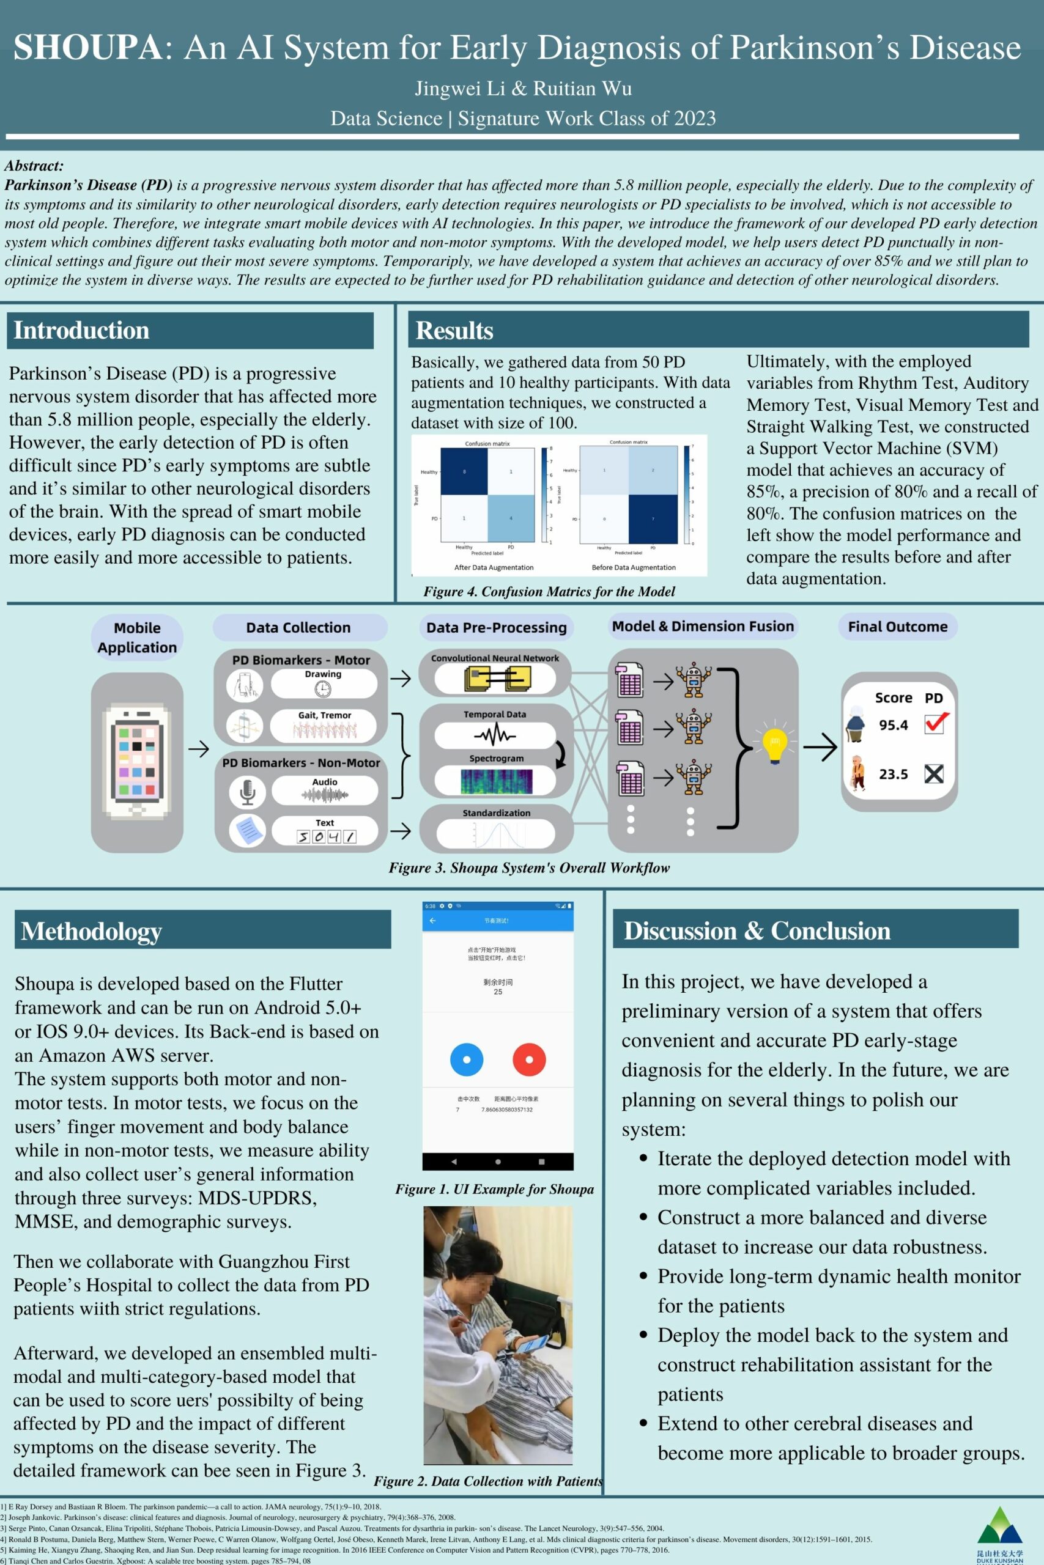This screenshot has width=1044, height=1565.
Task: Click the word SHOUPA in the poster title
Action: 87,48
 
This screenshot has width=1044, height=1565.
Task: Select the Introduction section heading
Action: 81,331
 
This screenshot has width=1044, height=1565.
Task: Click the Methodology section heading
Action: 91,931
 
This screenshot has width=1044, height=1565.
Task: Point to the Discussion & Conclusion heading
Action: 757,930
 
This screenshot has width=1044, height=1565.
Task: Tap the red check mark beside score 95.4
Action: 936,723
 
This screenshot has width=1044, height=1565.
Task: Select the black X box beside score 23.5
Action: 934,773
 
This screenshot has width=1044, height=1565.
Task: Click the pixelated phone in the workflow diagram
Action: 137,761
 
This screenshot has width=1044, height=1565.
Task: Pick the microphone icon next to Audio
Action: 247,791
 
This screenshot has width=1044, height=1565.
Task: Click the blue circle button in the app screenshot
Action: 467,1059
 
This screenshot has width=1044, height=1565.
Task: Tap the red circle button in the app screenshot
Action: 529,1059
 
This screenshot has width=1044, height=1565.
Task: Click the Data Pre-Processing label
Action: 496,627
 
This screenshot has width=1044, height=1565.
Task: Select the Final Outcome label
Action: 897,627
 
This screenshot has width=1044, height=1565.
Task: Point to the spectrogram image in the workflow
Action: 496,781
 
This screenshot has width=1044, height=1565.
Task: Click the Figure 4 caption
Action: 549,592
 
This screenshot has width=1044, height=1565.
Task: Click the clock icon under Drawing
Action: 323,689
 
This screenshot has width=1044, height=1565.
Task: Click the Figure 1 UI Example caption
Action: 495,1189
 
